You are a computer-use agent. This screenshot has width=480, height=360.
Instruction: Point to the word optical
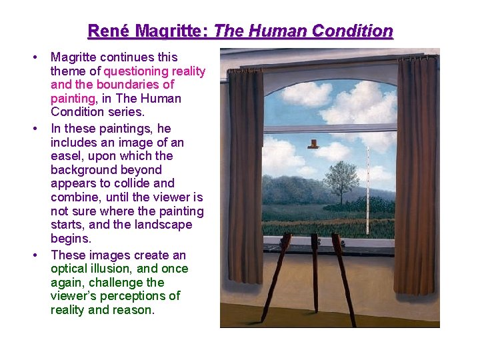point(69,269)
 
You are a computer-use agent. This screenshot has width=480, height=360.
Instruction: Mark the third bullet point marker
point(33,255)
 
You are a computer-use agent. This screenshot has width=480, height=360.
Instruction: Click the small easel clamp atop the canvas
point(312,143)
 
